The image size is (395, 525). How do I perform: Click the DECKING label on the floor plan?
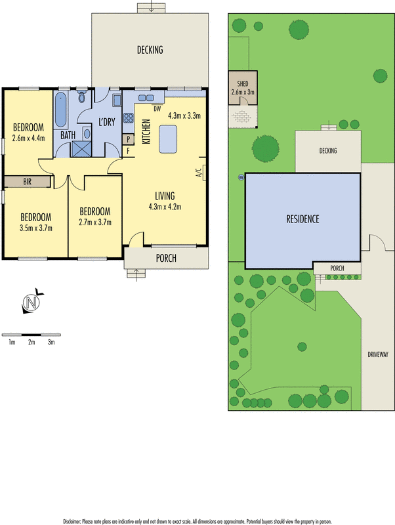150,50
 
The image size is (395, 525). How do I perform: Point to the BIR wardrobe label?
27,182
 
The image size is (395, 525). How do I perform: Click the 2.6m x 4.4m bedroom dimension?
28,138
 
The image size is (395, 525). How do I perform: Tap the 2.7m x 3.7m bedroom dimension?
95,222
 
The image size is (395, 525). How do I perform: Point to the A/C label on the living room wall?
197,174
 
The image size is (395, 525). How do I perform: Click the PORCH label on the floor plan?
165,258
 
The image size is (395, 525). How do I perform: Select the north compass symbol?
31,302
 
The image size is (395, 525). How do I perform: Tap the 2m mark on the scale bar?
31,342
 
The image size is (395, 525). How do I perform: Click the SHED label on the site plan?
242,84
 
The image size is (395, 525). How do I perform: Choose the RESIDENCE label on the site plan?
302,219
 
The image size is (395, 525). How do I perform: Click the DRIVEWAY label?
378,354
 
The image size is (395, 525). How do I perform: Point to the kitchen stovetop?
129,119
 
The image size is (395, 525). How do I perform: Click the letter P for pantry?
129,139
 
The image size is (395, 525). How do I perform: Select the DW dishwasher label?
157,108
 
